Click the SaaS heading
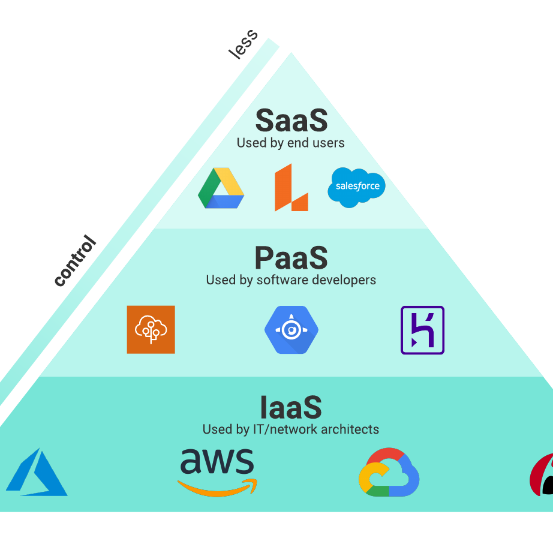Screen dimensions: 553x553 click(x=291, y=121)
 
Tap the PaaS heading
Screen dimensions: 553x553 click(x=291, y=259)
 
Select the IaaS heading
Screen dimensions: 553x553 click(x=291, y=408)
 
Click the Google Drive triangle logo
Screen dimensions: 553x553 click(x=221, y=188)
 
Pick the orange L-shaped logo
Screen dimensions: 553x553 click(x=291, y=188)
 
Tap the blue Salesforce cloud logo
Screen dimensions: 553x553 click(x=357, y=187)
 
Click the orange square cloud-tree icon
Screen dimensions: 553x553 click(x=151, y=329)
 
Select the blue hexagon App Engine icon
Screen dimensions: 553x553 click(x=291, y=329)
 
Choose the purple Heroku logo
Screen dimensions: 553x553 click(x=422, y=330)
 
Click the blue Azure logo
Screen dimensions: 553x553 click(x=37, y=473)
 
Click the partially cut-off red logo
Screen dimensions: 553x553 click(x=542, y=475)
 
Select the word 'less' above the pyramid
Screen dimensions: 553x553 click(x=243, y=44)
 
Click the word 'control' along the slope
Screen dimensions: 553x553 click(x=75, y=262)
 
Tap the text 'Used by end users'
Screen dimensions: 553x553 click(x=291, y=143)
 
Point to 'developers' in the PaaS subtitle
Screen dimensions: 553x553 click(x=346, y=280)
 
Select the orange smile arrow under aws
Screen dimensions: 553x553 click(x=218, y=486)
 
